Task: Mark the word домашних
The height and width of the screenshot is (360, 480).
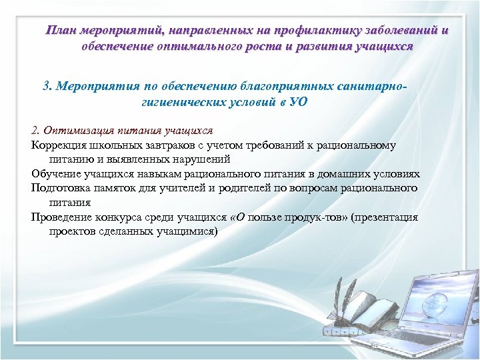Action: [x=345, y=173]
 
